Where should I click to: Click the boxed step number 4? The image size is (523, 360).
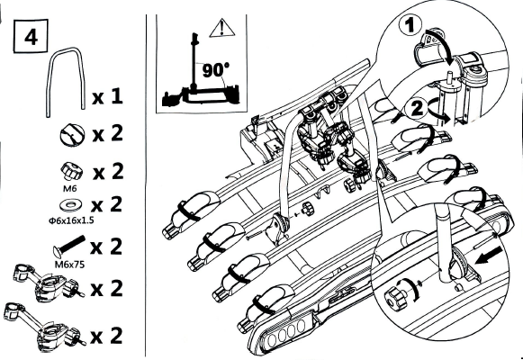click(x=31, y=36)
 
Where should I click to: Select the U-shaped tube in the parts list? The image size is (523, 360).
click(x=65, y=50)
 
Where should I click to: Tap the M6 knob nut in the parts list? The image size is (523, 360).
click(x=70, y=172)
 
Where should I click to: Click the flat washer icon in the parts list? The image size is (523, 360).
click(x=71, y=204)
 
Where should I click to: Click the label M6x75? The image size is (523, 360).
click(x=69, y=265)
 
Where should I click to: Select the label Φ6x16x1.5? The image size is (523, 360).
click(x=71, y=220)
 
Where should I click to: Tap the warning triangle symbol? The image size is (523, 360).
click(x=221, y=29)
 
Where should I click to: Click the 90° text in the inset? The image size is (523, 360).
click(x=216, y=70)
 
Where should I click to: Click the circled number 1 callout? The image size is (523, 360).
click(x=410, y=26)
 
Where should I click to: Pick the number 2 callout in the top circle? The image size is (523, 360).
click(x=417, y=109)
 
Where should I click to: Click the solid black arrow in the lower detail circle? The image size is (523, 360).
click(x=489, y=255)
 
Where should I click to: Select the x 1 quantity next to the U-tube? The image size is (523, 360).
click(x=107, y=97)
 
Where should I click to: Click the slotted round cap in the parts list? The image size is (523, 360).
click(x=72, y=135)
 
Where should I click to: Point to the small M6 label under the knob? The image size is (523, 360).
click(x=69, y=189)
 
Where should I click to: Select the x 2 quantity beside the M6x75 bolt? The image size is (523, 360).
click(x=106, y=247)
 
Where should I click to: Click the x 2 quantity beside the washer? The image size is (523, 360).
click(x=107, y=204)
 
